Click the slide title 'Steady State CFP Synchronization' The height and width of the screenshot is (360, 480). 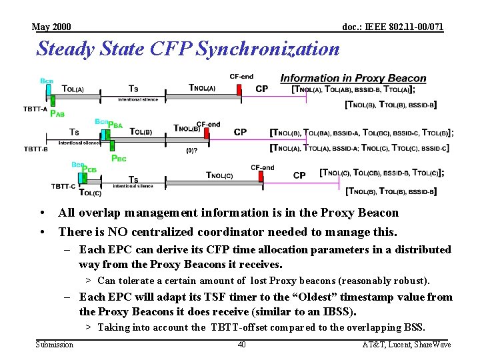[x=188, y=49]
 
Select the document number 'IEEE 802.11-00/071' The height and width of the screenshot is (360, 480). [x=393, y=27]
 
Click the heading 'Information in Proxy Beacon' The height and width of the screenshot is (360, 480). [x=353, y=78]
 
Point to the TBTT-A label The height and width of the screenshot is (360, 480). [x=35, y=108]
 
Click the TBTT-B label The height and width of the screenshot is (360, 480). [x=35, y=149]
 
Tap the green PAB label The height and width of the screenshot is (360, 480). [x=57, y=114]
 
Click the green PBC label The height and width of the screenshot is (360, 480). [x=118, y=159]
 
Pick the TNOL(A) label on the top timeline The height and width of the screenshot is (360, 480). [x=202, y=87]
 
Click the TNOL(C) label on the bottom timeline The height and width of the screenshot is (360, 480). [x=219, y=175]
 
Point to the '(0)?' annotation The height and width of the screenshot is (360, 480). [x=191, y=150]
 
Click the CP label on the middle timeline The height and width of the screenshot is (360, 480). [x=240, y=132]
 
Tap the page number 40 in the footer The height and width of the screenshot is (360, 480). [x=241, y=345]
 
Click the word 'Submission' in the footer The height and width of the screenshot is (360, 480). [x=55, y=345]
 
